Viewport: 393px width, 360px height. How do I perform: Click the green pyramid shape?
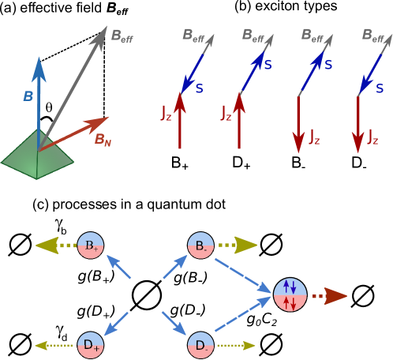[37, 158]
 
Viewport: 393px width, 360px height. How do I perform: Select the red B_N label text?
[103, 140]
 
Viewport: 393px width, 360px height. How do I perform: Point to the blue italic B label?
[28, 96]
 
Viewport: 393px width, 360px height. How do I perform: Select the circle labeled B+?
[90, 245]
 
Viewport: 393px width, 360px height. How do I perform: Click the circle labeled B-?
[200, 245]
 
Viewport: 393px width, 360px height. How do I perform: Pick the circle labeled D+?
[90, 345]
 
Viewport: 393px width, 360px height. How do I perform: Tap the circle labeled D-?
[200, 345]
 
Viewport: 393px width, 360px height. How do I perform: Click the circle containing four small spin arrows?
[290, 294]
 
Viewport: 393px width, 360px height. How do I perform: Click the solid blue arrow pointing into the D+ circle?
[116, 322]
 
